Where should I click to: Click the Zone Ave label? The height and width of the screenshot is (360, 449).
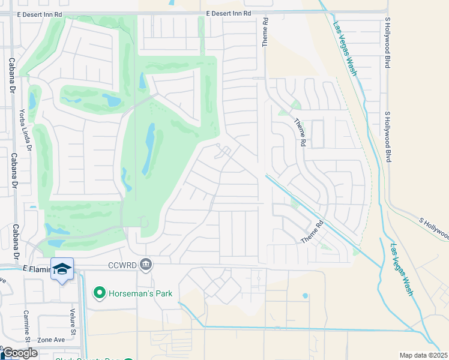(x=51, y=340)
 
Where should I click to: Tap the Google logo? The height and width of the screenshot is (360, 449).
(x=19, y=353)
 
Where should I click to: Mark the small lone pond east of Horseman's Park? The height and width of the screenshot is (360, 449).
(x=306, y=296)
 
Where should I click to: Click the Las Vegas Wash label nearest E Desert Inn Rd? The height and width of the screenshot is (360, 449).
(x=345, y=48)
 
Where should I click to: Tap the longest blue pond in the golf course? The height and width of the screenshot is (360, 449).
(x=148, y=149)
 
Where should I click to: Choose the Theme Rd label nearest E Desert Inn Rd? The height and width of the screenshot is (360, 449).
(x=264, y=31)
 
